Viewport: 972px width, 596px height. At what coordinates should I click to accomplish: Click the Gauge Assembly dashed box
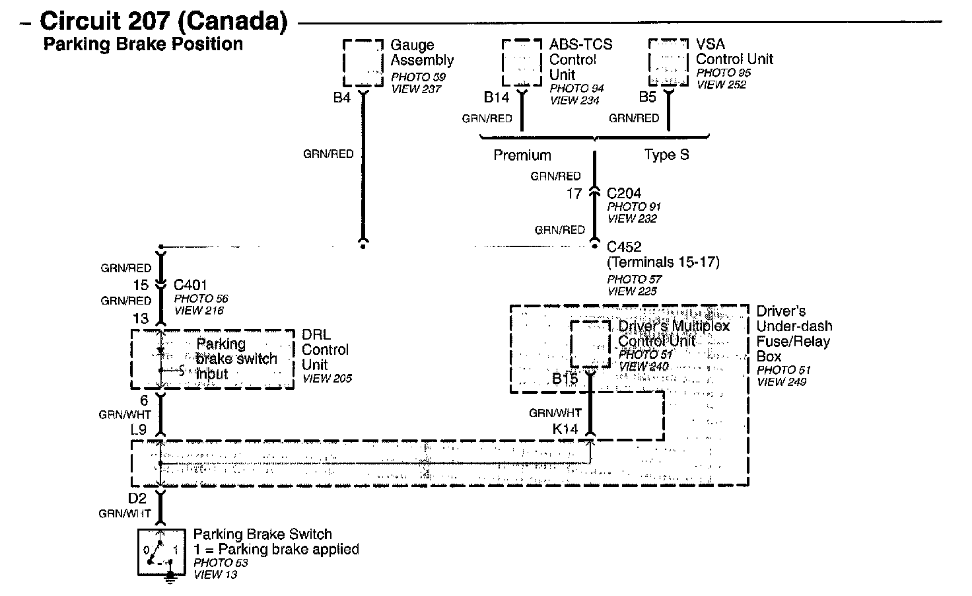[363, 63]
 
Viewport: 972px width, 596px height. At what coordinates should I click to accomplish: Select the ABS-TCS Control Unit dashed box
[522, 63]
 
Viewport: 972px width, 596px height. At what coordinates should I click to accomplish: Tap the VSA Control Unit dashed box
[669, 62]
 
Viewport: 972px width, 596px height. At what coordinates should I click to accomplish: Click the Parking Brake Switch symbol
[158, 550]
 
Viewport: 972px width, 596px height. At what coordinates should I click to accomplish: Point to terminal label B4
[341, 98]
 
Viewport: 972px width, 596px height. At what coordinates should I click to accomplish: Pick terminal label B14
[497, 98]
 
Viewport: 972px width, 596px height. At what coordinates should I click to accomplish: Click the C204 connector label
[624, 193]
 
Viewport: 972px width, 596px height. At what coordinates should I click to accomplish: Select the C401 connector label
[190, 285]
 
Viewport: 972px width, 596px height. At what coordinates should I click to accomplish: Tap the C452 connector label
[624, 247]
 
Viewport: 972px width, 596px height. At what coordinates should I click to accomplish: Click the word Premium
[522, 155]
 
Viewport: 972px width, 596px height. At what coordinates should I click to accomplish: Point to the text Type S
[666, 155]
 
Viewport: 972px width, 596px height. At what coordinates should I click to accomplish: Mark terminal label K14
[565, 429]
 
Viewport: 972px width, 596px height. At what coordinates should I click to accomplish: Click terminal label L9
[139, 429]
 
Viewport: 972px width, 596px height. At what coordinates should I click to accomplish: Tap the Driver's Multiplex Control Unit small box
[590, 344]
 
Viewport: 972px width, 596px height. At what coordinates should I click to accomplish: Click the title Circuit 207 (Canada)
[164, 21]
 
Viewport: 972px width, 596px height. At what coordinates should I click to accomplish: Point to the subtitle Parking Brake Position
[143, 44]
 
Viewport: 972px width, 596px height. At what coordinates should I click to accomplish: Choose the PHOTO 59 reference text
[418, 77]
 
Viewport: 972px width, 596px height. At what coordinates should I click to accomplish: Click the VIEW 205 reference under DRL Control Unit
[327, 379]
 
